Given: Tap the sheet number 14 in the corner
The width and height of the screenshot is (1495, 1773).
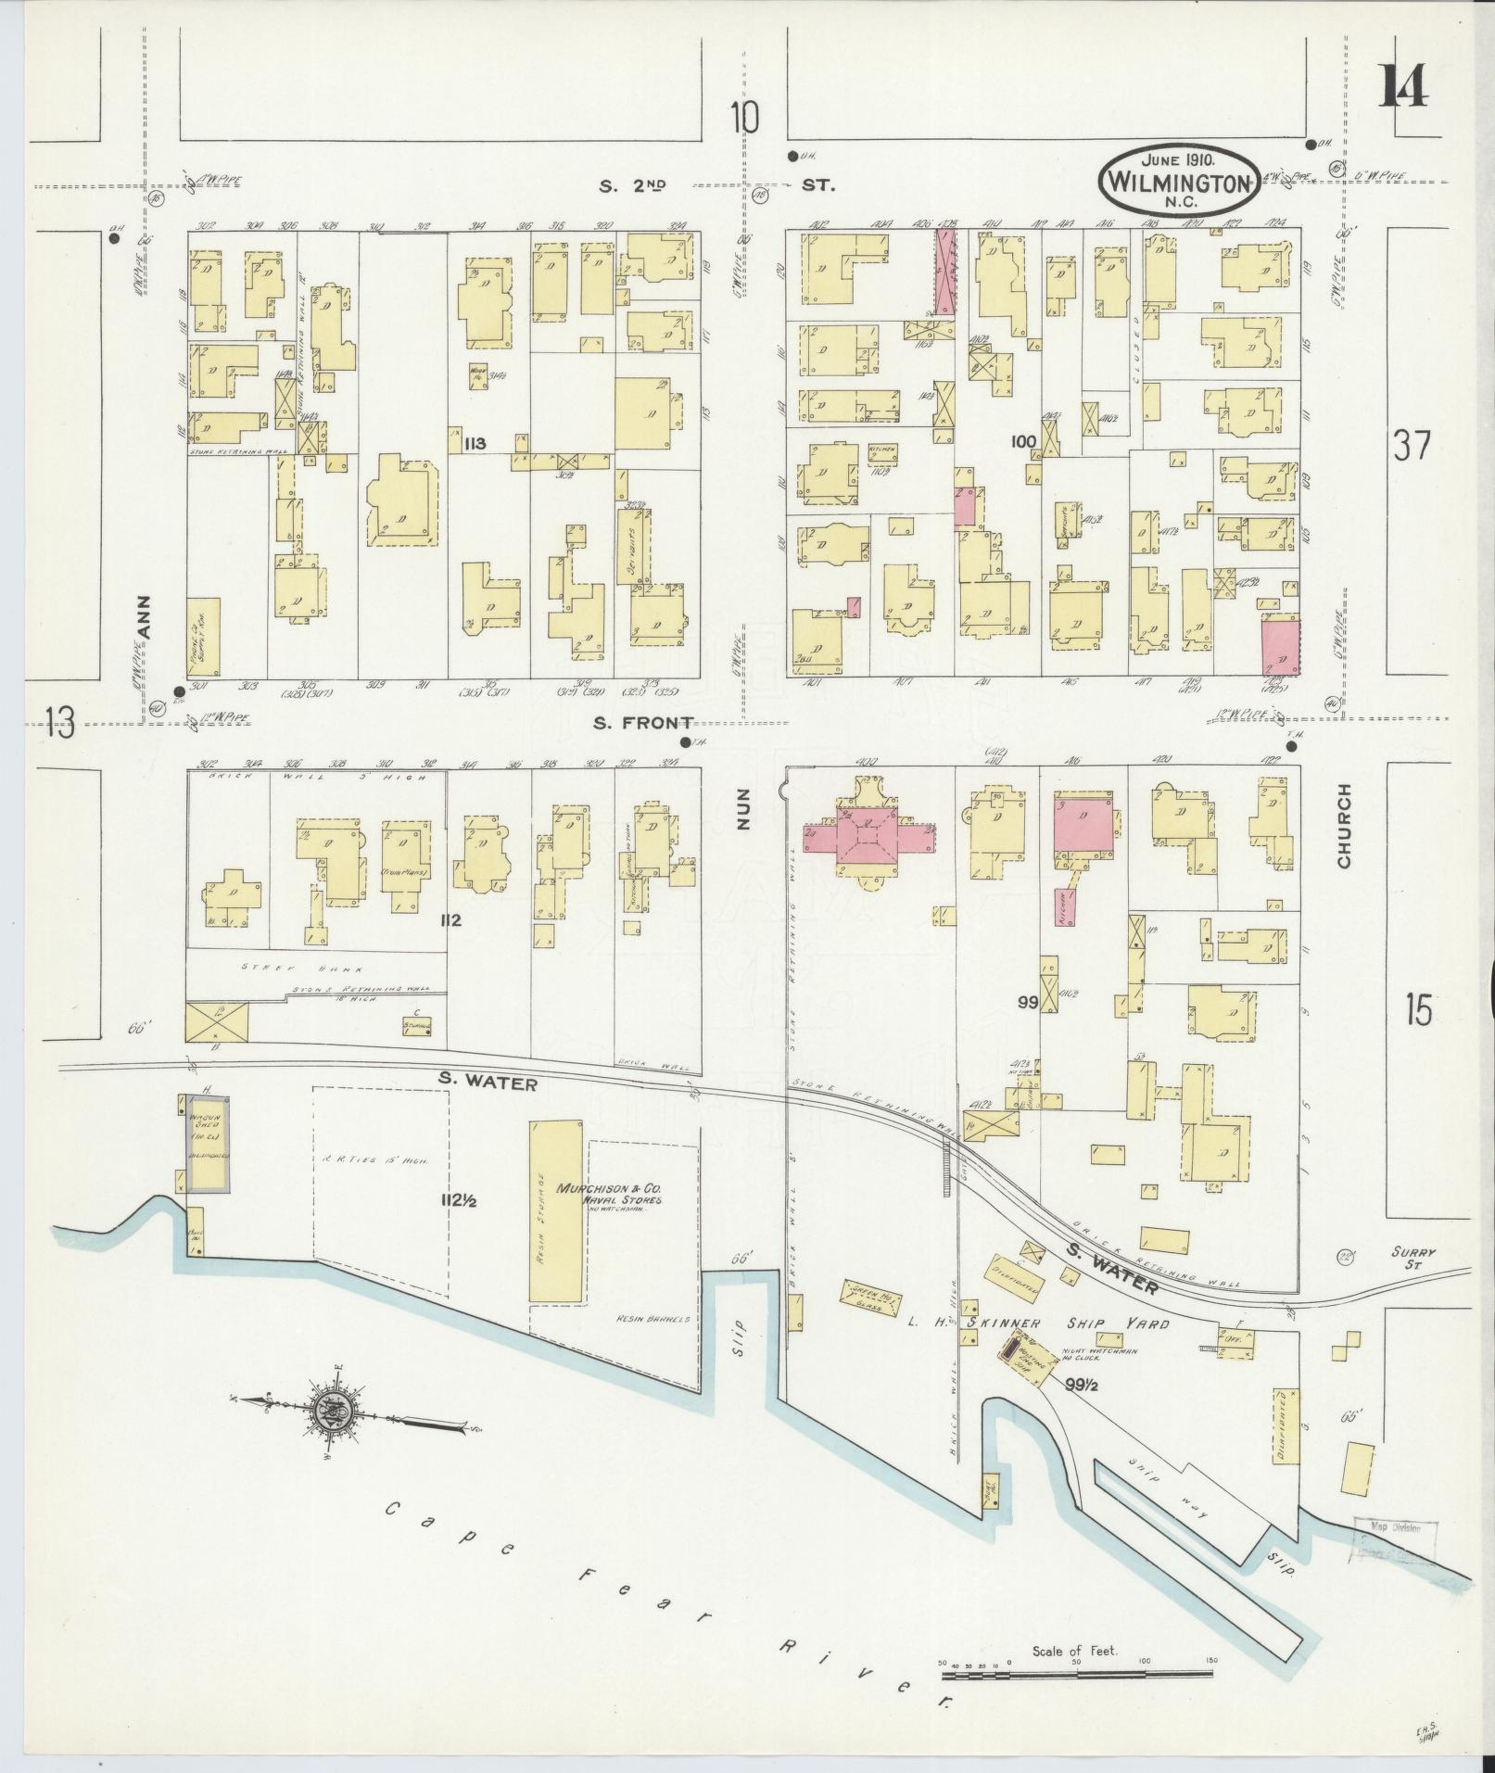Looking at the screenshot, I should click(x=1403, y=85).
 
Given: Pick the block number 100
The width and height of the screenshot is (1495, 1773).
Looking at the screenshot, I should click(x=1023, y=443).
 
